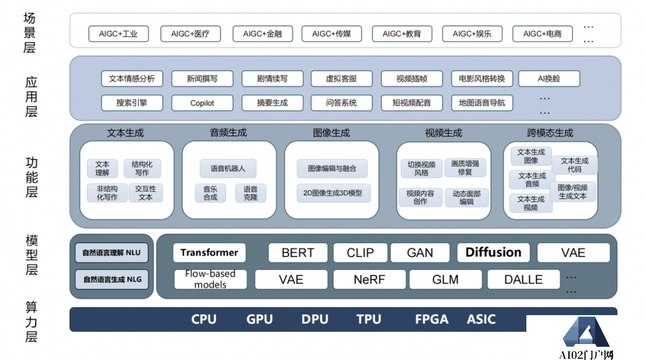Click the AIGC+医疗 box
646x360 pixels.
coord(190,33)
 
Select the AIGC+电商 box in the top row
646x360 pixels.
coord(542,33)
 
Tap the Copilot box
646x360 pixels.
coord(202,103)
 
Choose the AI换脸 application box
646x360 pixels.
coord(549,78)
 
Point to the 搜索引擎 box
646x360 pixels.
coord(132,103)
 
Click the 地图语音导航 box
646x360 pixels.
coord(482,103)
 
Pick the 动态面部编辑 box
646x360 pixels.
coord(467,198)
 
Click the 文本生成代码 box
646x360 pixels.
coord(574,164)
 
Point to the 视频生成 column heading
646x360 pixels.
coord(443,133)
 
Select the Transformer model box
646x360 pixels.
coord(209,252)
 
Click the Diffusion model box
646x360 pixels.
coord(493,252)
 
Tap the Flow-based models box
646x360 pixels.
coord(210,279)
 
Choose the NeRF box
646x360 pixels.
coord(369,279)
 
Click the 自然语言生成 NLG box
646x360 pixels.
coord(112,279)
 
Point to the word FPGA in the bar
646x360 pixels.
coord(431,319)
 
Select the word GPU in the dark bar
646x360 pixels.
coord(260,319)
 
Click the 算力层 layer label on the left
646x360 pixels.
coord(31,322)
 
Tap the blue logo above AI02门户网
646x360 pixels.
coord(587,332)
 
